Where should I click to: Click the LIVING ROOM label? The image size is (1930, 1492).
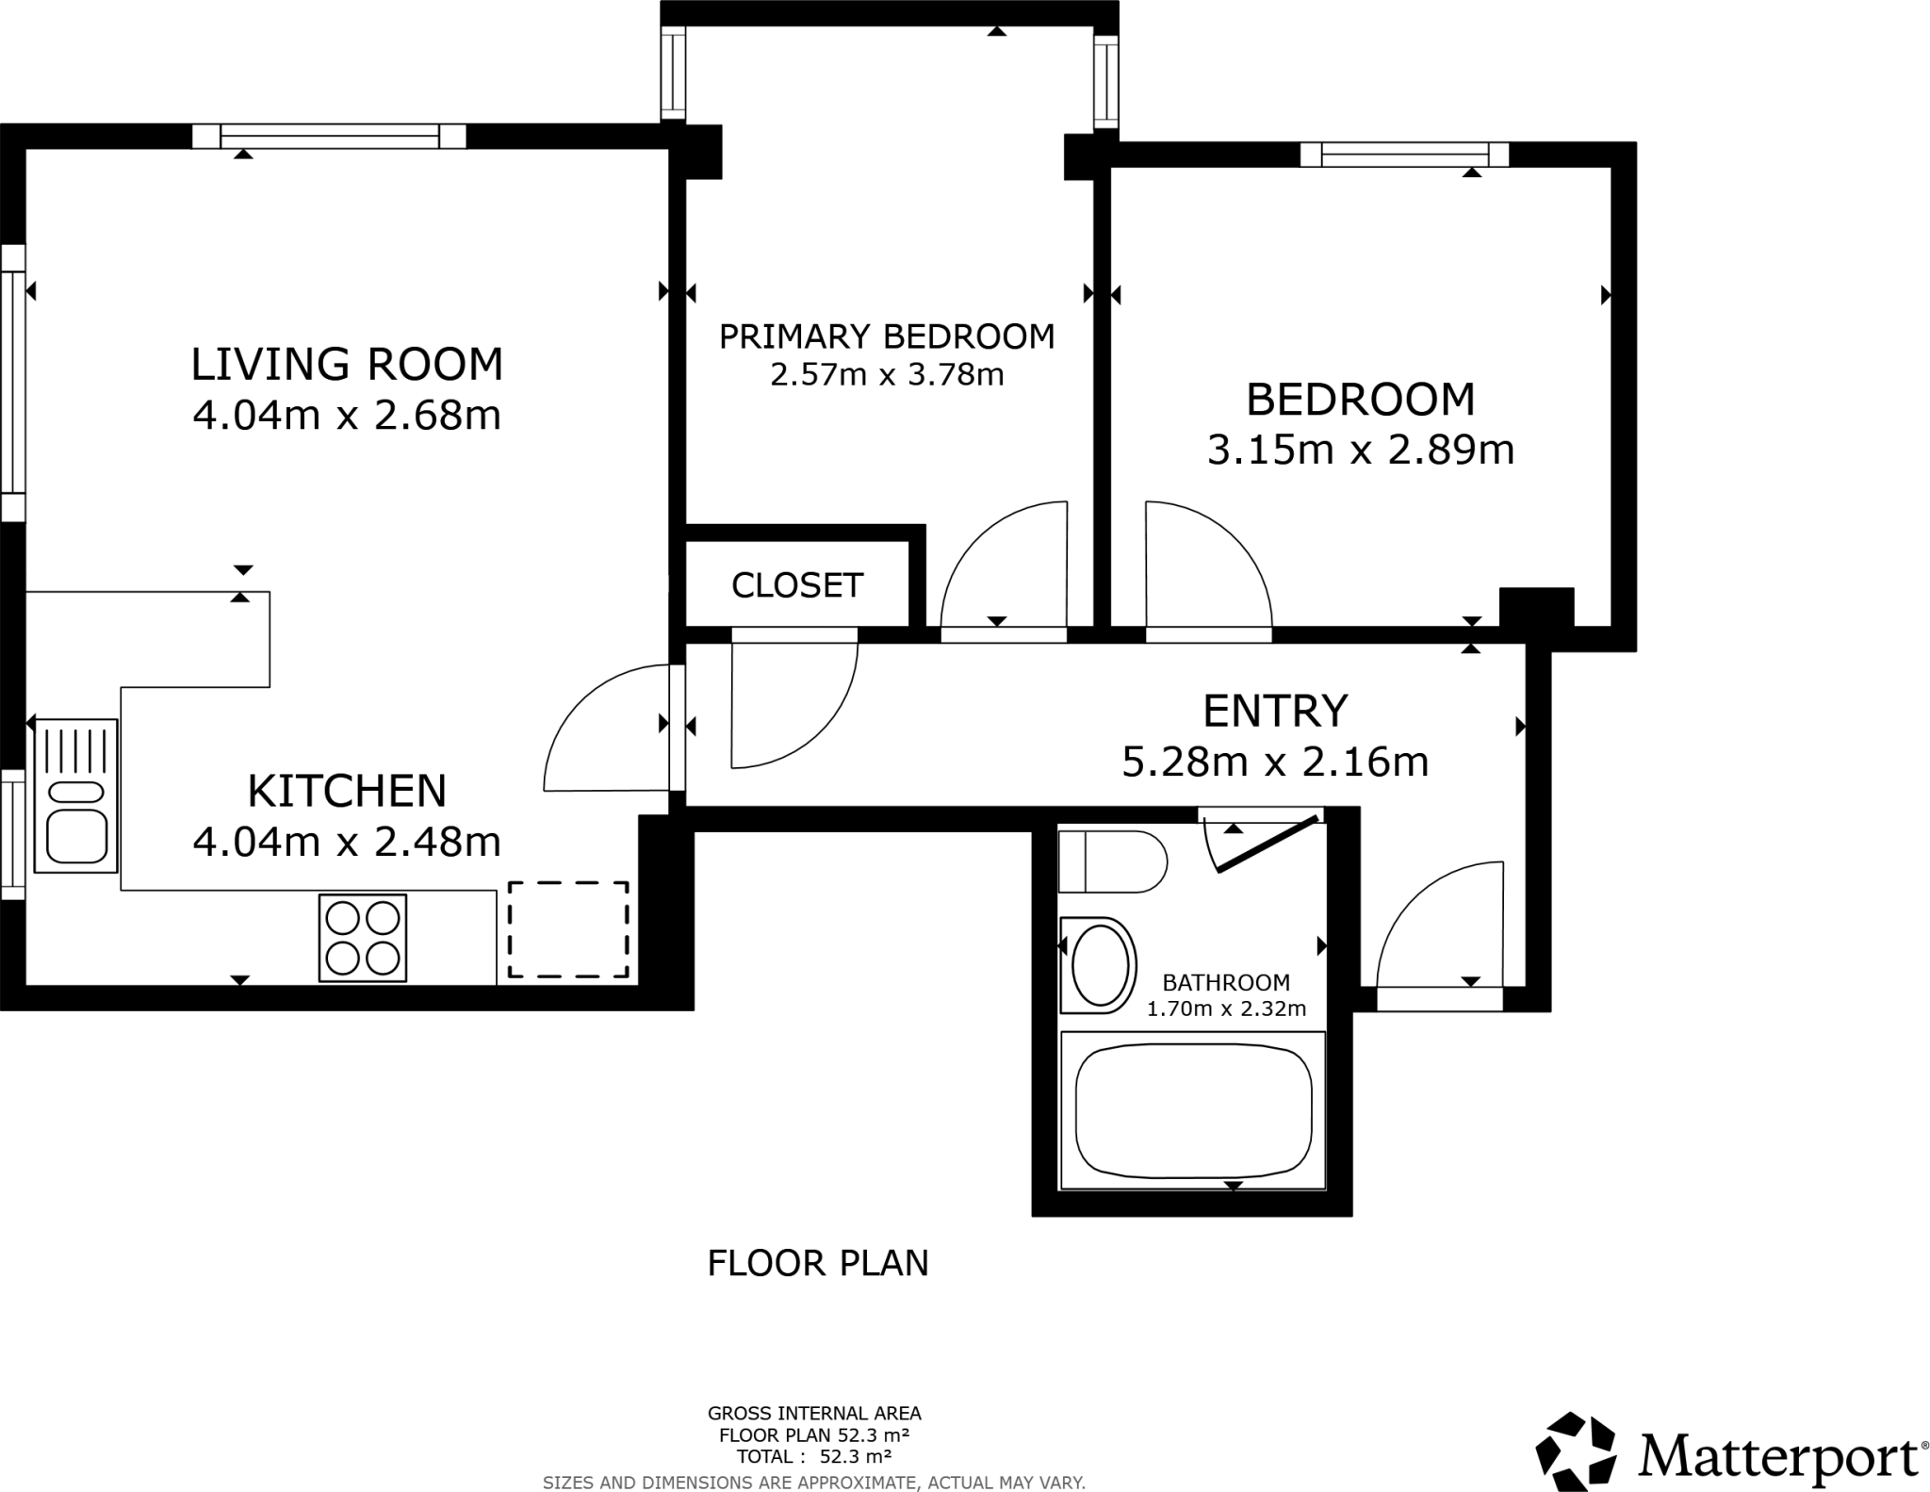tap(347, 365)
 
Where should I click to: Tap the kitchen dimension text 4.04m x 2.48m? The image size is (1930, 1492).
tap(347, 841)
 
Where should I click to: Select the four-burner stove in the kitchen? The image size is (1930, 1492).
tap(363, 938)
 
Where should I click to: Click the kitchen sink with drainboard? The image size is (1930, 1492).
tap(76, 795)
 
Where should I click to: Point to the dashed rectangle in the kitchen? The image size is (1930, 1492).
tap(568, 930)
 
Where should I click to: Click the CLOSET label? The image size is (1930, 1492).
tap(797, 585)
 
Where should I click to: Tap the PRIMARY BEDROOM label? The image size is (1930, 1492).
tap(887, 336)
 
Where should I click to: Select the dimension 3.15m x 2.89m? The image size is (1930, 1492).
tap(1360, 450)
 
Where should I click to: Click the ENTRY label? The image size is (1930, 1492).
tap(1275, 710)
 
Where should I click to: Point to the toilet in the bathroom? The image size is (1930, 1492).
tap(1112, 861)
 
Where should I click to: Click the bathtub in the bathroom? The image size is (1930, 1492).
tap(1193, 1112)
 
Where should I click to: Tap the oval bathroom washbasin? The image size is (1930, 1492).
tap(1100, 965)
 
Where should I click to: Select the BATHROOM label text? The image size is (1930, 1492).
tap(1225, 983)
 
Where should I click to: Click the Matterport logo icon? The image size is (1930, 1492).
tap(1577, 1451)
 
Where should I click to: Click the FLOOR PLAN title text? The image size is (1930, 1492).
tap(818, 1263)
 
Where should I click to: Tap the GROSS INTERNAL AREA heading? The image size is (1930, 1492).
tap(814, 1413)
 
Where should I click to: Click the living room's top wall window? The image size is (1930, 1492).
tap(330, 137)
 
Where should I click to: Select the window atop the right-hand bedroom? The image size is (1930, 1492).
tap(1404, 155)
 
